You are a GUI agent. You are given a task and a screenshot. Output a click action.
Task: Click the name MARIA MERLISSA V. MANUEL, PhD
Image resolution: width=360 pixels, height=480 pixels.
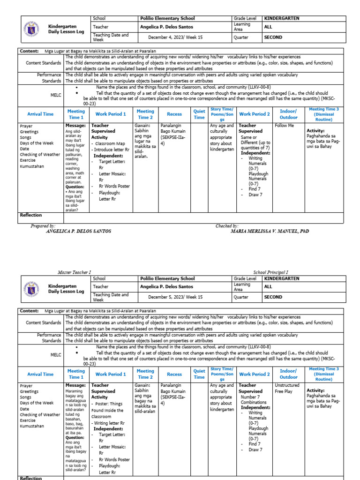(270, 231)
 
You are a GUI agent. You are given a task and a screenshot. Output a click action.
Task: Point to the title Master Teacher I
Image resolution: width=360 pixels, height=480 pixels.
(75, 272)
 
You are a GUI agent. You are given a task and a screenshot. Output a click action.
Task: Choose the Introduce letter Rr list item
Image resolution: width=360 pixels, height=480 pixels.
(111, 150)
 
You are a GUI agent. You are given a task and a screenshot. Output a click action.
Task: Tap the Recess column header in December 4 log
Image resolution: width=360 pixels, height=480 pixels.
(174, 114)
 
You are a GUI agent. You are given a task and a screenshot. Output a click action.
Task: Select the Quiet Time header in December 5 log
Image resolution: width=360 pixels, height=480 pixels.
(199, 374)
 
